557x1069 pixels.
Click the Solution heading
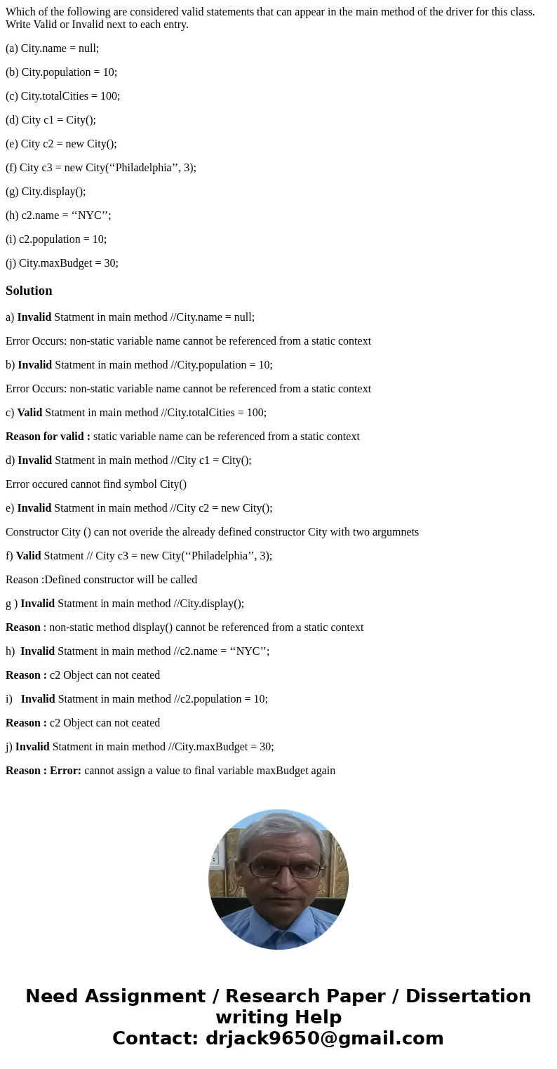pos(29,291)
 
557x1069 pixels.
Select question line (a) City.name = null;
pos(52,48)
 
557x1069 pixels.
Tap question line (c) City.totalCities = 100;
pos(62,96)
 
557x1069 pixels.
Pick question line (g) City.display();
pos(46,192)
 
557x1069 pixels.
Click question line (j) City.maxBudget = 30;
pos(62,263)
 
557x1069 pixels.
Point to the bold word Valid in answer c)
pos(29,413)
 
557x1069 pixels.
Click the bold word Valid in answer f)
pos(29,556)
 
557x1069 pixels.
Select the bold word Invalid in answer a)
pos(34,317)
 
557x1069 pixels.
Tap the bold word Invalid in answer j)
pos(32,747)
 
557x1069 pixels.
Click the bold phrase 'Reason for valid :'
pos(48,437)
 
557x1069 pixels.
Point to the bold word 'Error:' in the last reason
pos(65,771)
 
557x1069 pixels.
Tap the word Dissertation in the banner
pos(468,997)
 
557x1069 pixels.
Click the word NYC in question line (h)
pos(90,215)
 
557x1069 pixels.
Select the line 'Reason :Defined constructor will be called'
pos(101,580)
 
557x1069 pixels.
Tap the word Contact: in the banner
pos(155,1038)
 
